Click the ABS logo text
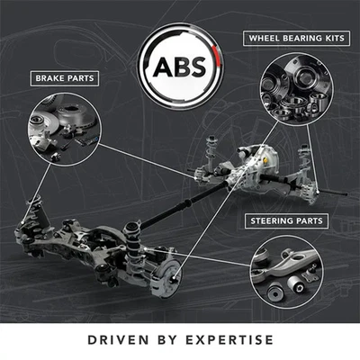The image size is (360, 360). coord(180,67)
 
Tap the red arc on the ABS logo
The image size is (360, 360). coord(218,57)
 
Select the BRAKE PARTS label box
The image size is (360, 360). coord(65,78)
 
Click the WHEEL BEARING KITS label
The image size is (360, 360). coord(296,38)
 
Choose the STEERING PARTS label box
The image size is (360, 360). coord(286,221)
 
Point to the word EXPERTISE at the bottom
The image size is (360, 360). coord(229,340)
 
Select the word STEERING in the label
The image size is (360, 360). coord(272,221)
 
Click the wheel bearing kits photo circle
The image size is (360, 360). coord(296,89)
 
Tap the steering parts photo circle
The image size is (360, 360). coord(286,272)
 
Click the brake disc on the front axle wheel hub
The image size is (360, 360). coord(168,276)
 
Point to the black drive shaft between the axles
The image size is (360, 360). coord(183,204)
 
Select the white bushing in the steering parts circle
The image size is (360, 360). coord(296,283)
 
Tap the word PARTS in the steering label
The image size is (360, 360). coord(310,221)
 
